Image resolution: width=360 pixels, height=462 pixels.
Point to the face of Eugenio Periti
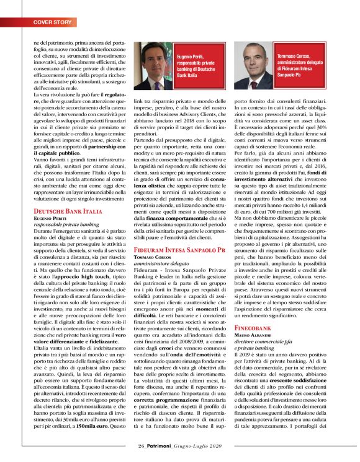[151, 57]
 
